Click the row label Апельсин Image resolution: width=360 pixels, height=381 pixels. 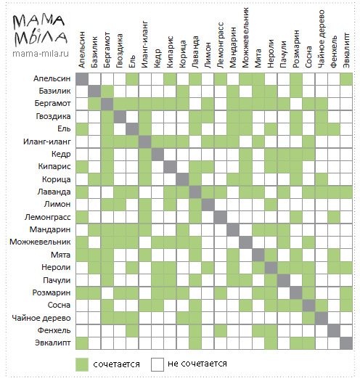pos(52,78)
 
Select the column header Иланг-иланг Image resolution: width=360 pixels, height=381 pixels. pos(144,44)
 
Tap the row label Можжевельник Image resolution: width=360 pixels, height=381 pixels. pos(40,242)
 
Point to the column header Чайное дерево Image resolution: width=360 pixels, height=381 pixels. pos(321,39)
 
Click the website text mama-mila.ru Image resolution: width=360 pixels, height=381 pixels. pos(41,54)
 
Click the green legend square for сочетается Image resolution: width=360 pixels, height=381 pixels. pos(82,364)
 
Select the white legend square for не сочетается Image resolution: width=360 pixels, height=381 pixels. pos(157,364)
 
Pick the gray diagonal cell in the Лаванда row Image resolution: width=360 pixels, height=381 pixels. pos(195,192)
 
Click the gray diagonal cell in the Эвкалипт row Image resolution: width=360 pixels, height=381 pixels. pos(346,343)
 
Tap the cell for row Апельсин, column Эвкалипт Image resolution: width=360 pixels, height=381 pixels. pos(346,79)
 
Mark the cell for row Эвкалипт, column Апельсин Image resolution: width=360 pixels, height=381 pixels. pos(82,343)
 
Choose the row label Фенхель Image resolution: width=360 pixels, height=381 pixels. pos(54,330)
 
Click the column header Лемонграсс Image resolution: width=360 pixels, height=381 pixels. pos(220,45)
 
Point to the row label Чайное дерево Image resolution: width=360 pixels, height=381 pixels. pos(41,318)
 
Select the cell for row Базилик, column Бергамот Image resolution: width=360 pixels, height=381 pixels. pos(107,91)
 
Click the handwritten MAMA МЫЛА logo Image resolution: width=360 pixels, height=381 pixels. pos(40,30)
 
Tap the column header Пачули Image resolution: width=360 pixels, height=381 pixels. pos(283,54)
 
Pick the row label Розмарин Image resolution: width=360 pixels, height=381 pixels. pos(52,292)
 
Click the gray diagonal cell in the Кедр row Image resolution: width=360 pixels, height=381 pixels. pos(157,155)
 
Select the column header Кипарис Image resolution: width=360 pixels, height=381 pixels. pos(170,52)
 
